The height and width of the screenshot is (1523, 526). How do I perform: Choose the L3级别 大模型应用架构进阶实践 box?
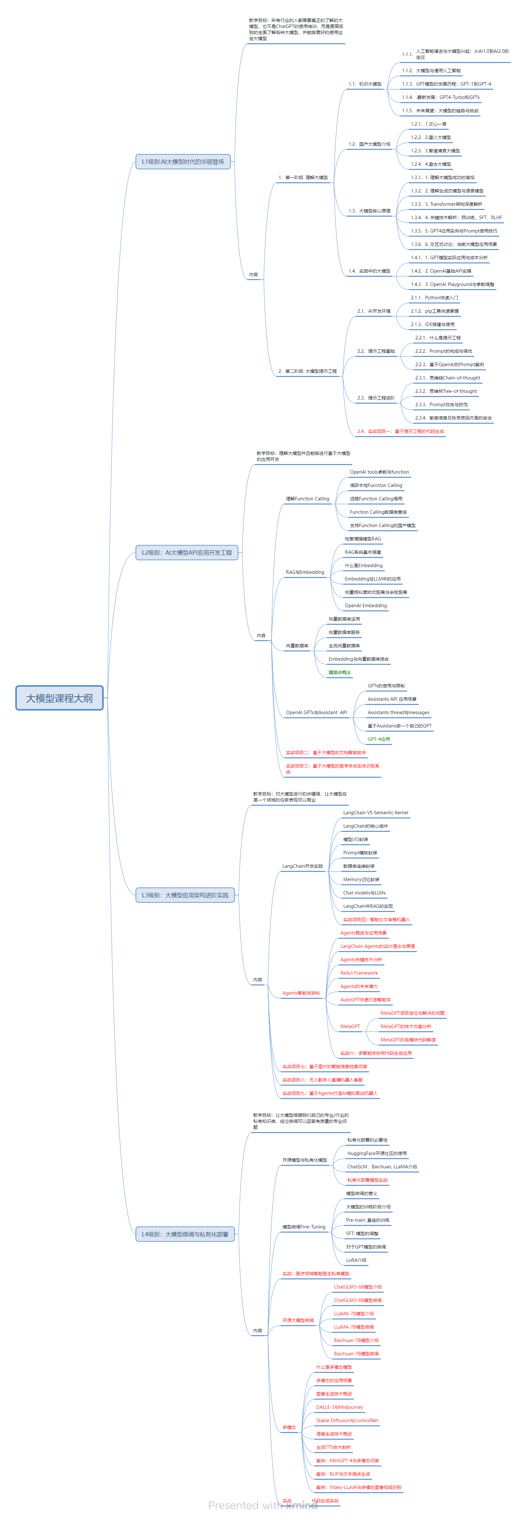[185, 895]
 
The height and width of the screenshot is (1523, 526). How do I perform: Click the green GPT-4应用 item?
[379, 739]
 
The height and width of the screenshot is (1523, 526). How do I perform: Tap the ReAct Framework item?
[359, 973]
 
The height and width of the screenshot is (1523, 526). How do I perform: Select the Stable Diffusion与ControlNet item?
[347, 1420]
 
